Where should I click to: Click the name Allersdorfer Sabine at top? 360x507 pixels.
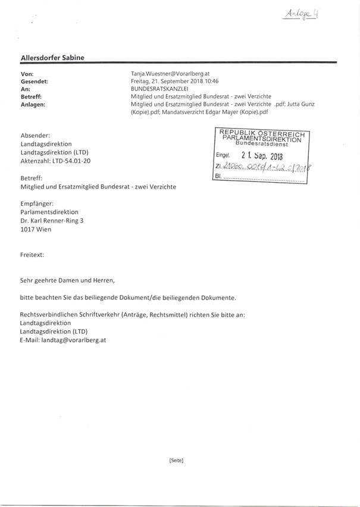52,57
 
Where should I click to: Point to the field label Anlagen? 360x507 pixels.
33,104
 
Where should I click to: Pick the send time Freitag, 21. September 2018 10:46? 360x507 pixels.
175,80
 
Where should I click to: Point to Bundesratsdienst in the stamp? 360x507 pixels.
262,143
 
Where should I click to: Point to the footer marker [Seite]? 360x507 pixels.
176,461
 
